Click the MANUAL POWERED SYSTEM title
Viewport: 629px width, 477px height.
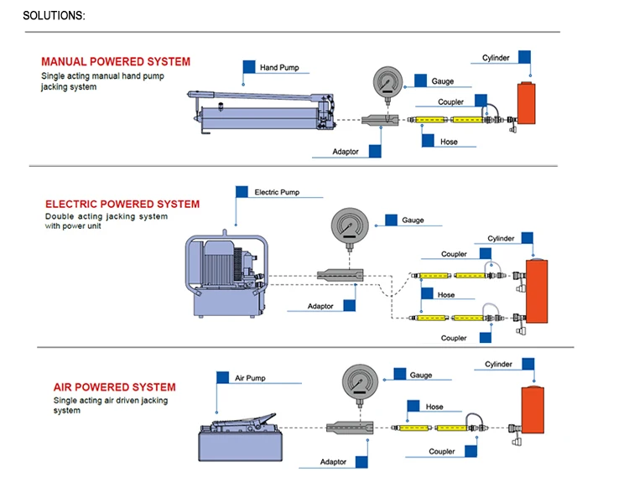(x=116, y=61)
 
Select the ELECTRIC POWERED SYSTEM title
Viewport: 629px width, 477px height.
(x=122, y=204)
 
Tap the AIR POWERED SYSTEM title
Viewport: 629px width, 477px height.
(x=114, y=387)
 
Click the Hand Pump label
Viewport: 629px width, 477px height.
(x=279, y=67)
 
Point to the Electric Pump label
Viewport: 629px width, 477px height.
(x=277, y=192)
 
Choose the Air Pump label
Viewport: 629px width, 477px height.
(x=250, y=378)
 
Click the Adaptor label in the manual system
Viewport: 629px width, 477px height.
(x=346, y=152)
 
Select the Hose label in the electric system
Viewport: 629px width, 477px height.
(x=445, y=294)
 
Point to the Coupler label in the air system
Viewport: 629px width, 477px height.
(x=441, y=452)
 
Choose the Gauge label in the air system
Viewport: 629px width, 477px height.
(x=421, y=375)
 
